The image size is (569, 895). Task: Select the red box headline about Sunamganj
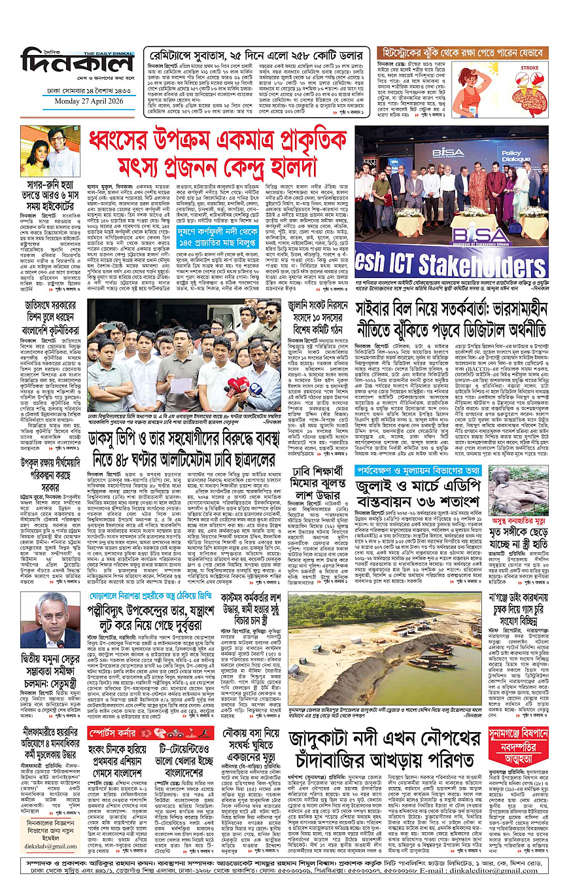[x=527, y=743]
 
